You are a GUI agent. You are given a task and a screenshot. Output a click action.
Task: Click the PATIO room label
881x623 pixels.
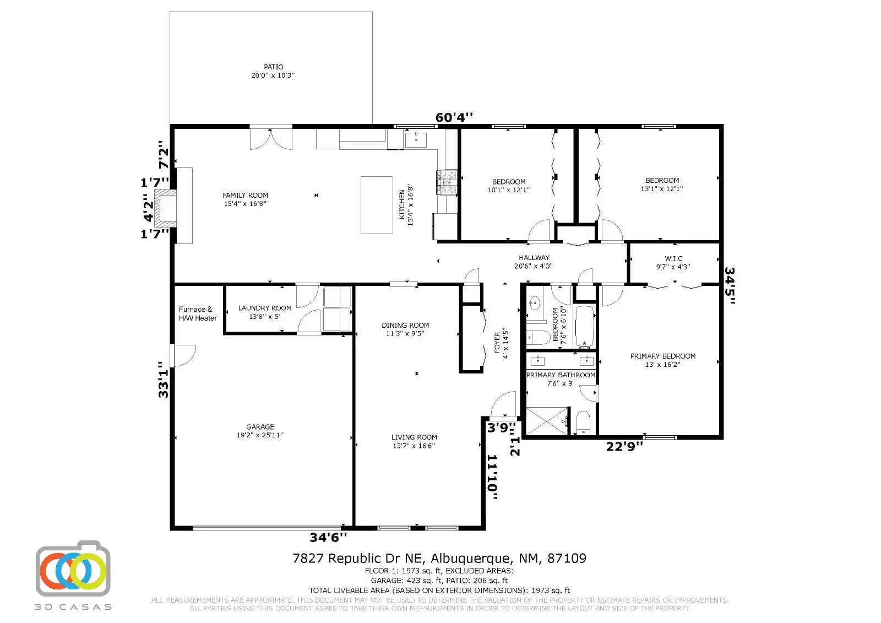coord(273,67)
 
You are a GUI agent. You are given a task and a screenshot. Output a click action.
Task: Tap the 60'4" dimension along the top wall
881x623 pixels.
coord(454,117)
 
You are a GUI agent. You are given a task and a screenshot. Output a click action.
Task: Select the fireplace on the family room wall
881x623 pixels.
coord(166,209)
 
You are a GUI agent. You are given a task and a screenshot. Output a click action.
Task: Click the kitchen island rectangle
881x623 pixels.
coord(377,205)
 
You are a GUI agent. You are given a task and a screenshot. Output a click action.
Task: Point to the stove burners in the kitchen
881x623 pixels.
coord(447,182)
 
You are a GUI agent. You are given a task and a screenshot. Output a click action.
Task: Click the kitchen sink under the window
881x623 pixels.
coord(416,139)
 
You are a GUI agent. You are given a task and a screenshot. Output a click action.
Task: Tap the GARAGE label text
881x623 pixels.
coord(260,427)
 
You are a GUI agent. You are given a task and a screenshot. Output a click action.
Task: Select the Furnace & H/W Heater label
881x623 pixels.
coord(198,314)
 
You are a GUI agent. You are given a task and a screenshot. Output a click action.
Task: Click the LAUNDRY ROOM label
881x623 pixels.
coord(265,308)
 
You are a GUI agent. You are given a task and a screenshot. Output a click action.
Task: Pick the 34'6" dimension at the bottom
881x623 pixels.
coord(328,537)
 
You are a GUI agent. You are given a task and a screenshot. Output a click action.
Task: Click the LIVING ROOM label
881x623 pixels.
coord(414,437)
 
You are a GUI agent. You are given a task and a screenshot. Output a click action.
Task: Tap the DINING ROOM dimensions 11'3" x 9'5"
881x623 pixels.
coord(405,333)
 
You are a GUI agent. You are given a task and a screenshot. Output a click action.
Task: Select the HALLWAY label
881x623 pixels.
coord(534,258)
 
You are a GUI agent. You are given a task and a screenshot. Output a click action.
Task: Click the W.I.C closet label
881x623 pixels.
coord(673,258)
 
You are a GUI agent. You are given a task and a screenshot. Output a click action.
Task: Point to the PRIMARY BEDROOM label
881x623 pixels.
coord(662,356)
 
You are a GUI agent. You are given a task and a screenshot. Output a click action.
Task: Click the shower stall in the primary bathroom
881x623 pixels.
coord(547,421)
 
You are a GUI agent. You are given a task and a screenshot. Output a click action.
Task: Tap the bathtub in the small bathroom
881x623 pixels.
coord(585,327)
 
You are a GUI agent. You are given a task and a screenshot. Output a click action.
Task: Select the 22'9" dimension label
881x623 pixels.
coord(624,447)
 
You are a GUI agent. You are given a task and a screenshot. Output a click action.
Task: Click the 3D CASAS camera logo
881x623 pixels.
coord(73,569)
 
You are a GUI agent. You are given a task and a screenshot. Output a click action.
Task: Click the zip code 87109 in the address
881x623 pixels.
coord(567,559)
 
